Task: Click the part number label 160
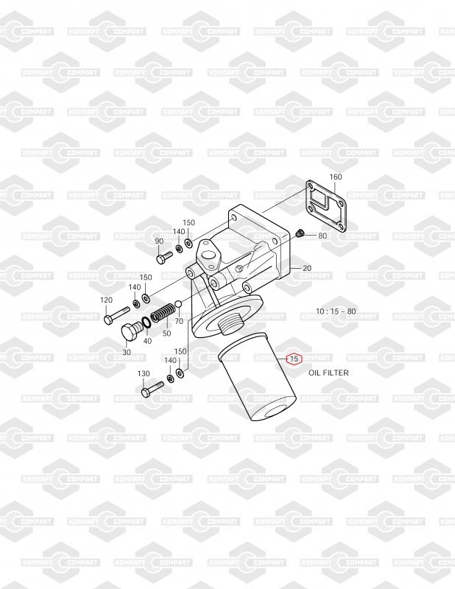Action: [336, 177]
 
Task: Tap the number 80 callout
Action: [322, 236]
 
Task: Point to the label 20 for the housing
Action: [307, 269]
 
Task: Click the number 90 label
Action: [158, 241]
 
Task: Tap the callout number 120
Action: [106, 300]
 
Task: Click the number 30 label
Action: [127, 353]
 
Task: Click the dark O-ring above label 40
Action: [147, 322]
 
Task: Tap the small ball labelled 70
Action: [177, 305]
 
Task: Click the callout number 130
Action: [144, 374]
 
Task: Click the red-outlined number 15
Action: [294, 359]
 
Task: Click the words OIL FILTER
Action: [328, 373]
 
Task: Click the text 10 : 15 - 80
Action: [336, 311]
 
